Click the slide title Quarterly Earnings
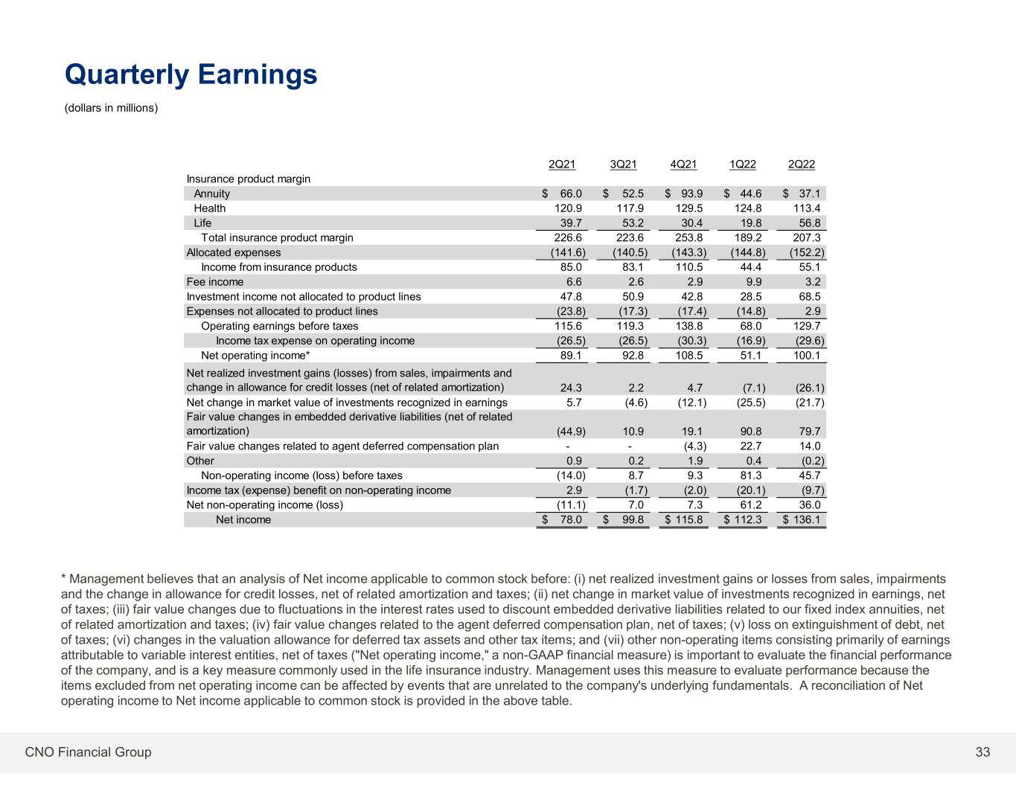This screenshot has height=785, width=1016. pos(191,74)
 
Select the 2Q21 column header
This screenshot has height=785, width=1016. pos(561,164)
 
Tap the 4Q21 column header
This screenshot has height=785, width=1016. pos(683,164)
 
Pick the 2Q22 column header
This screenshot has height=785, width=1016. pos(802,164)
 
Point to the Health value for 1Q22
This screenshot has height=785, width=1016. pos(748,208)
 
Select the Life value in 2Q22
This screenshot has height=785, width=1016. pos(809,223)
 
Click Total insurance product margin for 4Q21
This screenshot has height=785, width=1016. pos(689,238)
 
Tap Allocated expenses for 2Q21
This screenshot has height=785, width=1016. pos(568,253)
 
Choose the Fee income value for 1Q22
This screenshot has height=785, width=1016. pos(754,282)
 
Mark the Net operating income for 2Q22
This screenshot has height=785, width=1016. pos(807,356)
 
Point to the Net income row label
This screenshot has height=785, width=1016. pos(243,519)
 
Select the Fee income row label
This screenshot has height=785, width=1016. pos(214,282)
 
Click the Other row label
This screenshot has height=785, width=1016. pos(200,461)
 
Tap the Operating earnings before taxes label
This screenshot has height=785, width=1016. pos(280,326)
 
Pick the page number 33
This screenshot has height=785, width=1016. pos(983,752)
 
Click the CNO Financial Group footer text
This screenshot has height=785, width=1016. pos(88,752)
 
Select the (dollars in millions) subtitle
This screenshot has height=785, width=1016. pos(112,108)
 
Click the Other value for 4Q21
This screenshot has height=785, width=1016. pos(695,461)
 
